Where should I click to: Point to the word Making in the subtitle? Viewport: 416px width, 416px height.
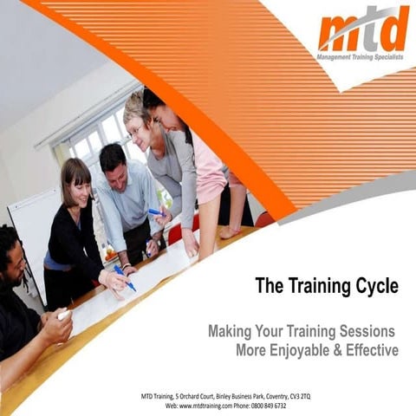(231, 331)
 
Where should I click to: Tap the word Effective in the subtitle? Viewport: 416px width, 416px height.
(370, 350)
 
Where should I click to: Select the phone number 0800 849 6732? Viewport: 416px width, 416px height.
(268, 405)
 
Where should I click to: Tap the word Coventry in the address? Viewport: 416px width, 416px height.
(260, 396)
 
